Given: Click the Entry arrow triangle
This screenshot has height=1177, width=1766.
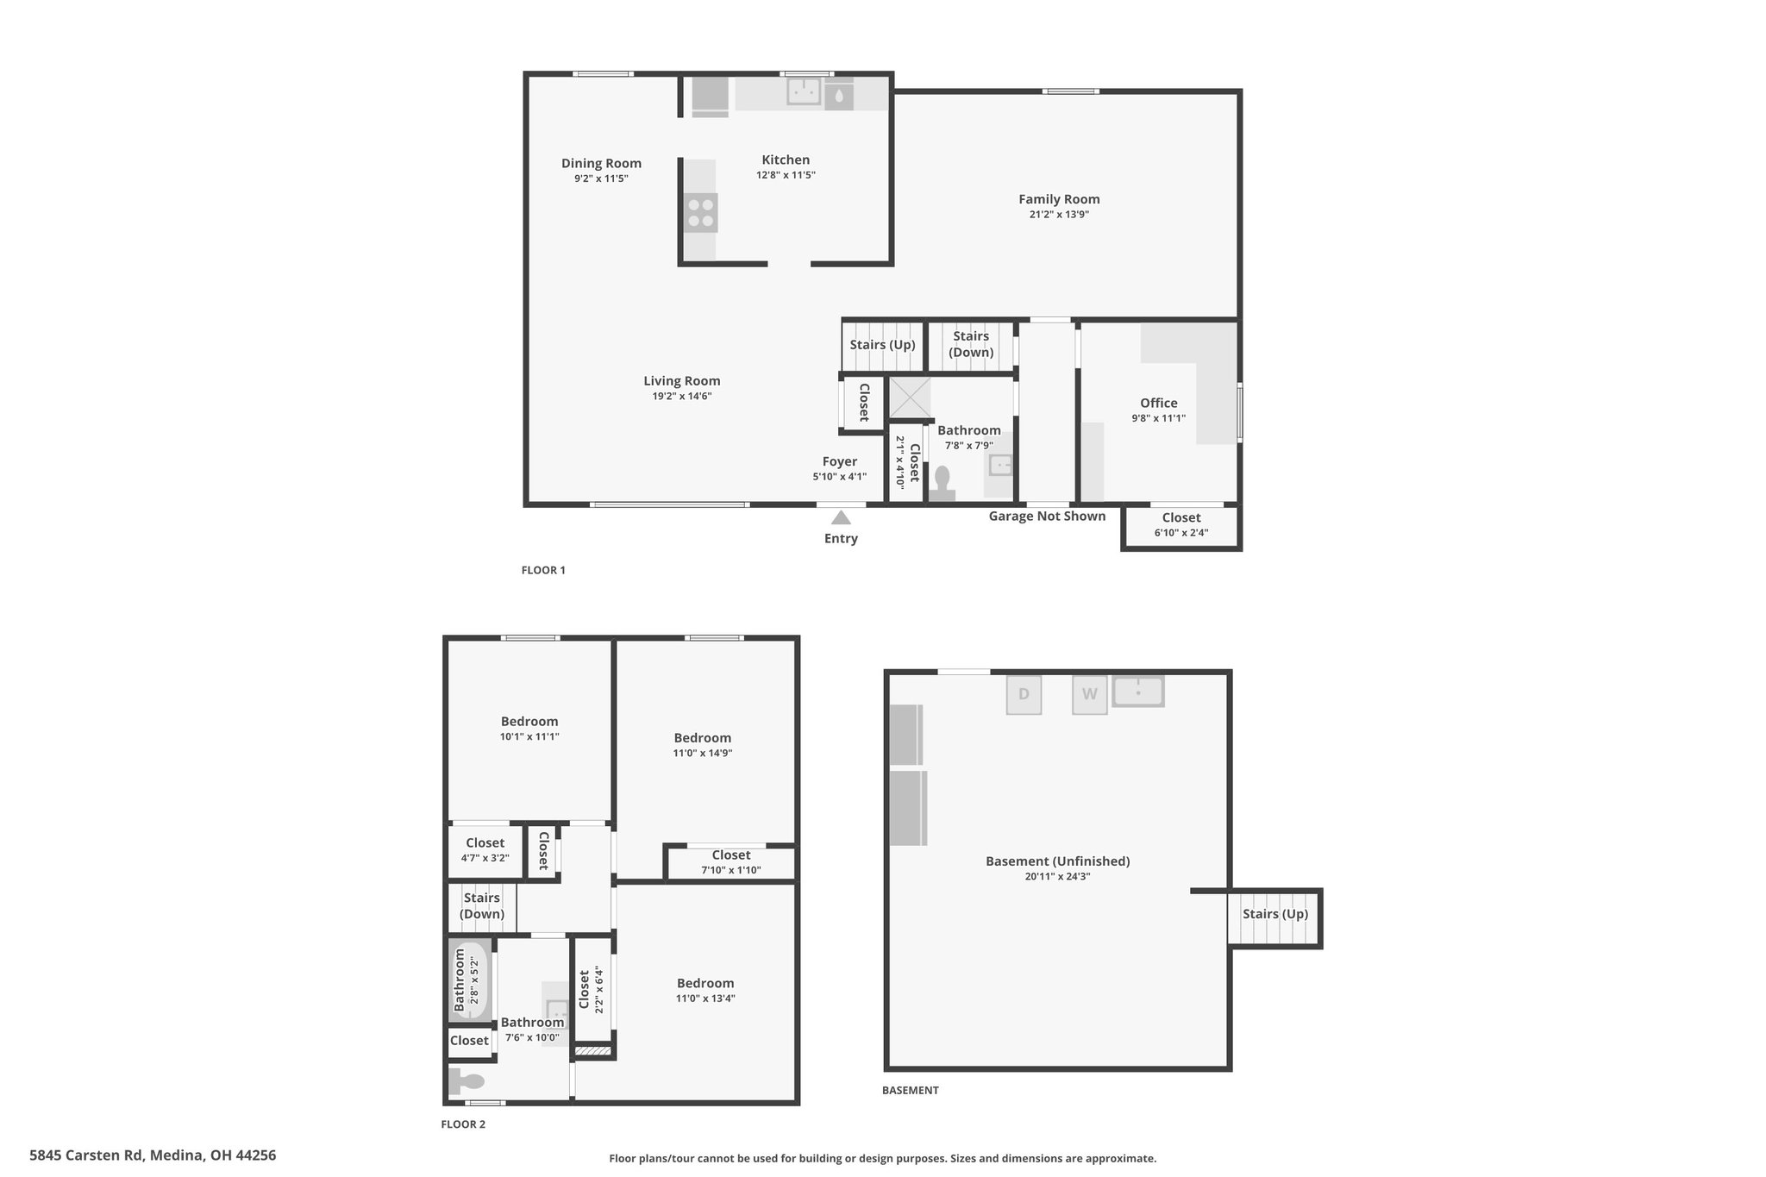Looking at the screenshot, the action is coord(841,517).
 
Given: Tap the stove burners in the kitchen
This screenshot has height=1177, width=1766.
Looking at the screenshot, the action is coord(700,213).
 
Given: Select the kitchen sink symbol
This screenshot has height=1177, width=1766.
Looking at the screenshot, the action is coord(804,91).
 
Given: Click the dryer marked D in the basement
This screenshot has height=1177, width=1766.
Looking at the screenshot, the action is coord(1024,695).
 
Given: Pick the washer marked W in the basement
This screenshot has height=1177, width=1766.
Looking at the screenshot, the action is coord(1090,695).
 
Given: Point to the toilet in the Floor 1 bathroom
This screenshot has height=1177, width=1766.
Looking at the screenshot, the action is coord(942,483).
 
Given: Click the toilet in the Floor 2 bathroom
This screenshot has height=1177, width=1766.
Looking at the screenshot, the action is coord(467,1080).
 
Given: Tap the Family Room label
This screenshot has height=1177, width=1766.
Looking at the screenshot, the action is coord(1059,199).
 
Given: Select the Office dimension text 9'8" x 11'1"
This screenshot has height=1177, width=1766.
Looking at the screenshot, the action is coord(1159,418).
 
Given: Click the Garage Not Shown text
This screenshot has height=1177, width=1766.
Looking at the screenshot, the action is coord(1047,516).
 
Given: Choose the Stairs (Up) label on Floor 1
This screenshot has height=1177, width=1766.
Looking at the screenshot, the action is coord(882,344).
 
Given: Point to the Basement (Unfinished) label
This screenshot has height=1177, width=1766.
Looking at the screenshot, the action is coord(1057,861).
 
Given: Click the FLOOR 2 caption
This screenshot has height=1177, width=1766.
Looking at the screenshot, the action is coord(463,1124).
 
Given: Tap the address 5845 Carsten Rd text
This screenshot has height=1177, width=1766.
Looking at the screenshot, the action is coord(86,1155).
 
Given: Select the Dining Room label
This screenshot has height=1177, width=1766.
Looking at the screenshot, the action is coord(601,163).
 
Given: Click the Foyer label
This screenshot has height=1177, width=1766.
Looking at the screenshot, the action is coord(839,461).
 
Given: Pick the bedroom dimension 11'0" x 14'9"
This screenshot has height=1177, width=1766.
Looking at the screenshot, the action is coord(703,753).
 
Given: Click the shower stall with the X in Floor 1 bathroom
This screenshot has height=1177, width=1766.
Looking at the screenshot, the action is coord(910,398).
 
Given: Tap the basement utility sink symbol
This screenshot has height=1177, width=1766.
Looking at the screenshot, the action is coord(1138,692).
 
